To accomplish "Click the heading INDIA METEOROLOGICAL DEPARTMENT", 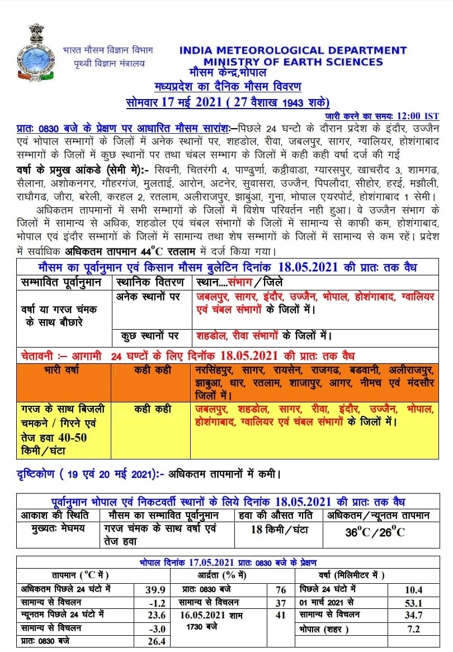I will [x=292, y=50].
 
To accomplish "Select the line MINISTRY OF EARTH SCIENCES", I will [x=293, y=62].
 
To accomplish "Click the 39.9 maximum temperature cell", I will [x=154, y=589].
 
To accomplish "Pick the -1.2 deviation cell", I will [x=154, y=603].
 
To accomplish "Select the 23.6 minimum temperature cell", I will [x=154, y=615].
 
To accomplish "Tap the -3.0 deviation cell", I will [x=154, y=628].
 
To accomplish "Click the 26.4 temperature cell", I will [x=154, y=641].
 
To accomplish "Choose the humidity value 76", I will [x=281, y=589].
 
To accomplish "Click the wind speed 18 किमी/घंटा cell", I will [x=279, y=529].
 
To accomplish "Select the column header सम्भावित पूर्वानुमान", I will [x=62, y=282].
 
